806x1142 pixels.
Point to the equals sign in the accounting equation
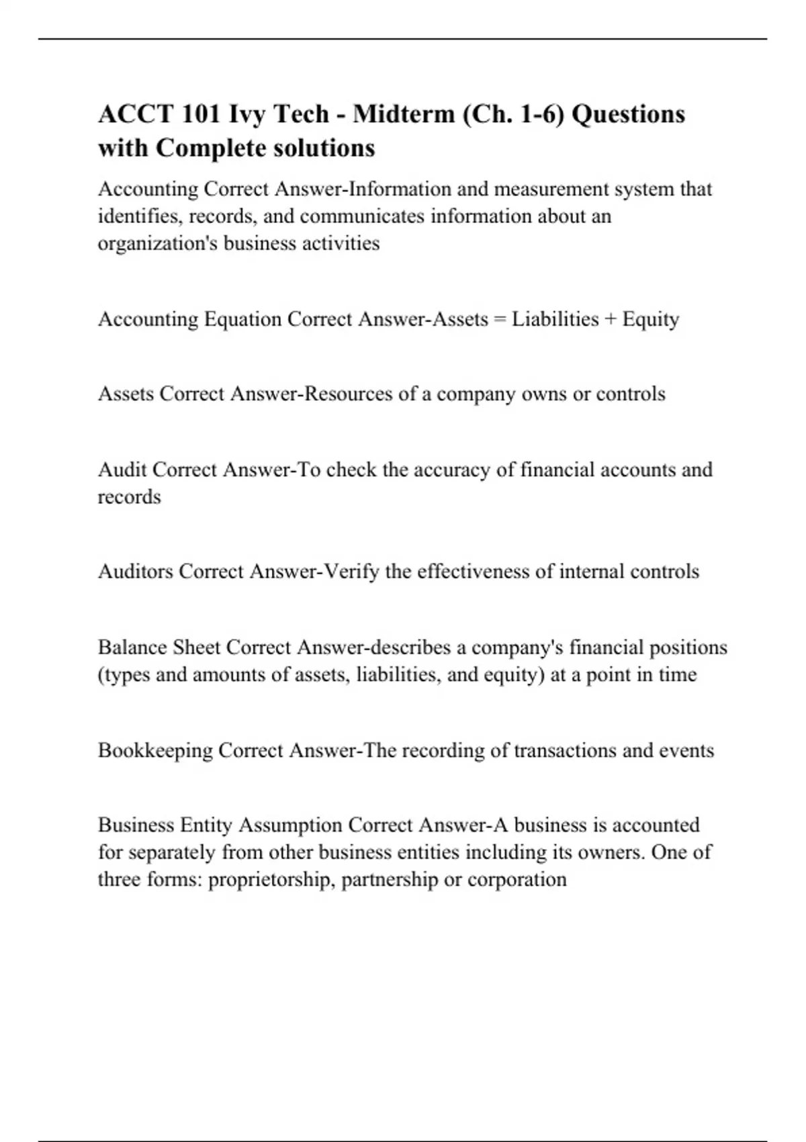tap(500, 319)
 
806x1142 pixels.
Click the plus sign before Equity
tap(610, 319)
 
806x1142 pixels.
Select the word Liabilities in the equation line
tap(555, 319)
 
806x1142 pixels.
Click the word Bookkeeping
tap(155, 750)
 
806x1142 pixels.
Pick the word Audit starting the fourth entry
tap(122, 470)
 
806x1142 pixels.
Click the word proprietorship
tap(270, 879)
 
